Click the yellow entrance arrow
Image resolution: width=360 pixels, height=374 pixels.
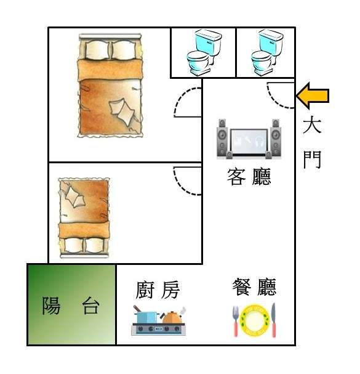coord(313,96)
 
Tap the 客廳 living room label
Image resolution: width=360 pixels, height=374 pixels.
coord(249,177)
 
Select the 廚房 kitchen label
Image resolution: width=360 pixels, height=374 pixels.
coord(158,290)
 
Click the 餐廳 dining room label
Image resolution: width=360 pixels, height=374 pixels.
coord(254,287)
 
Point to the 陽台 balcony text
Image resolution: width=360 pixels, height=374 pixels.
coord(71,306)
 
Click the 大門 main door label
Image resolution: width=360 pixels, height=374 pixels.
coord(313,142)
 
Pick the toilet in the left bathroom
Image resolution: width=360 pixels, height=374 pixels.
coord(204,52)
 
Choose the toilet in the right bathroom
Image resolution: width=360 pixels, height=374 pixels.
coord(267,52)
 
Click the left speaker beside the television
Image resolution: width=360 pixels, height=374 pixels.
coord(222,138)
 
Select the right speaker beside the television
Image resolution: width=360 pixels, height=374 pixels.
coord(276,138)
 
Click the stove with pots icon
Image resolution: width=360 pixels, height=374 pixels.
coord(159,321)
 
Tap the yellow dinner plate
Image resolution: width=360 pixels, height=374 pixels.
coord(254,320)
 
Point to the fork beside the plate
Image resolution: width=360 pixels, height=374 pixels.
coord(236,320)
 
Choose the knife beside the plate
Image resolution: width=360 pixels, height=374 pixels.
coord(273,320)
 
